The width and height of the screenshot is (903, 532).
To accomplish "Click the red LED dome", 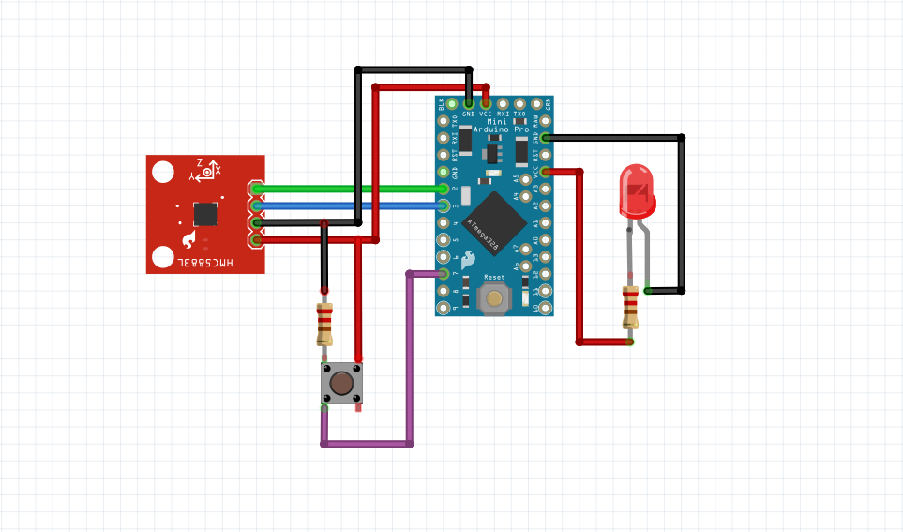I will (x=638, y=188).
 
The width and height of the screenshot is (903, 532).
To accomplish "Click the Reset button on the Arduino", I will (x=494, y=298).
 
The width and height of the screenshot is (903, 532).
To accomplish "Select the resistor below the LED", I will (x=630, y=307).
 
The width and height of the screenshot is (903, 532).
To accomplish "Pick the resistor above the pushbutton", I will (x=324, y=324).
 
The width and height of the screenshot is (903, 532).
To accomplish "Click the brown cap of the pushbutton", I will (x=342, y=383).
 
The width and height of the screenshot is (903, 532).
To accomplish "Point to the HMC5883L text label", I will (x=205, y=264).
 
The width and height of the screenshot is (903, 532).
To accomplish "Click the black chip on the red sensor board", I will (x=205, y=214).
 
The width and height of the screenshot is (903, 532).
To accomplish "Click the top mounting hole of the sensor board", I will (x=163, y=172).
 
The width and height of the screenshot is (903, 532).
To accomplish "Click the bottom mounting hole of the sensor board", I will (x=163, y=256).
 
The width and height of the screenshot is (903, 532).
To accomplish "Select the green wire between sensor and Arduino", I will (x=356, y=189).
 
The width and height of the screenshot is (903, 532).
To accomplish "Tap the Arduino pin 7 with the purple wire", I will (x=444, y=274).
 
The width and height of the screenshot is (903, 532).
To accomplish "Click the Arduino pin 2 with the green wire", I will (x=444, y=189).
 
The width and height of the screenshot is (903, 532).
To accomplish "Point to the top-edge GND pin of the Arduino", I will (x=468, y=103).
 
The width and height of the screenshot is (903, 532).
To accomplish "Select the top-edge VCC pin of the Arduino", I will (x=485, y=103).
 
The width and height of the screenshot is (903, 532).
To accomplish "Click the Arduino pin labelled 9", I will (x=444, y=308).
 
